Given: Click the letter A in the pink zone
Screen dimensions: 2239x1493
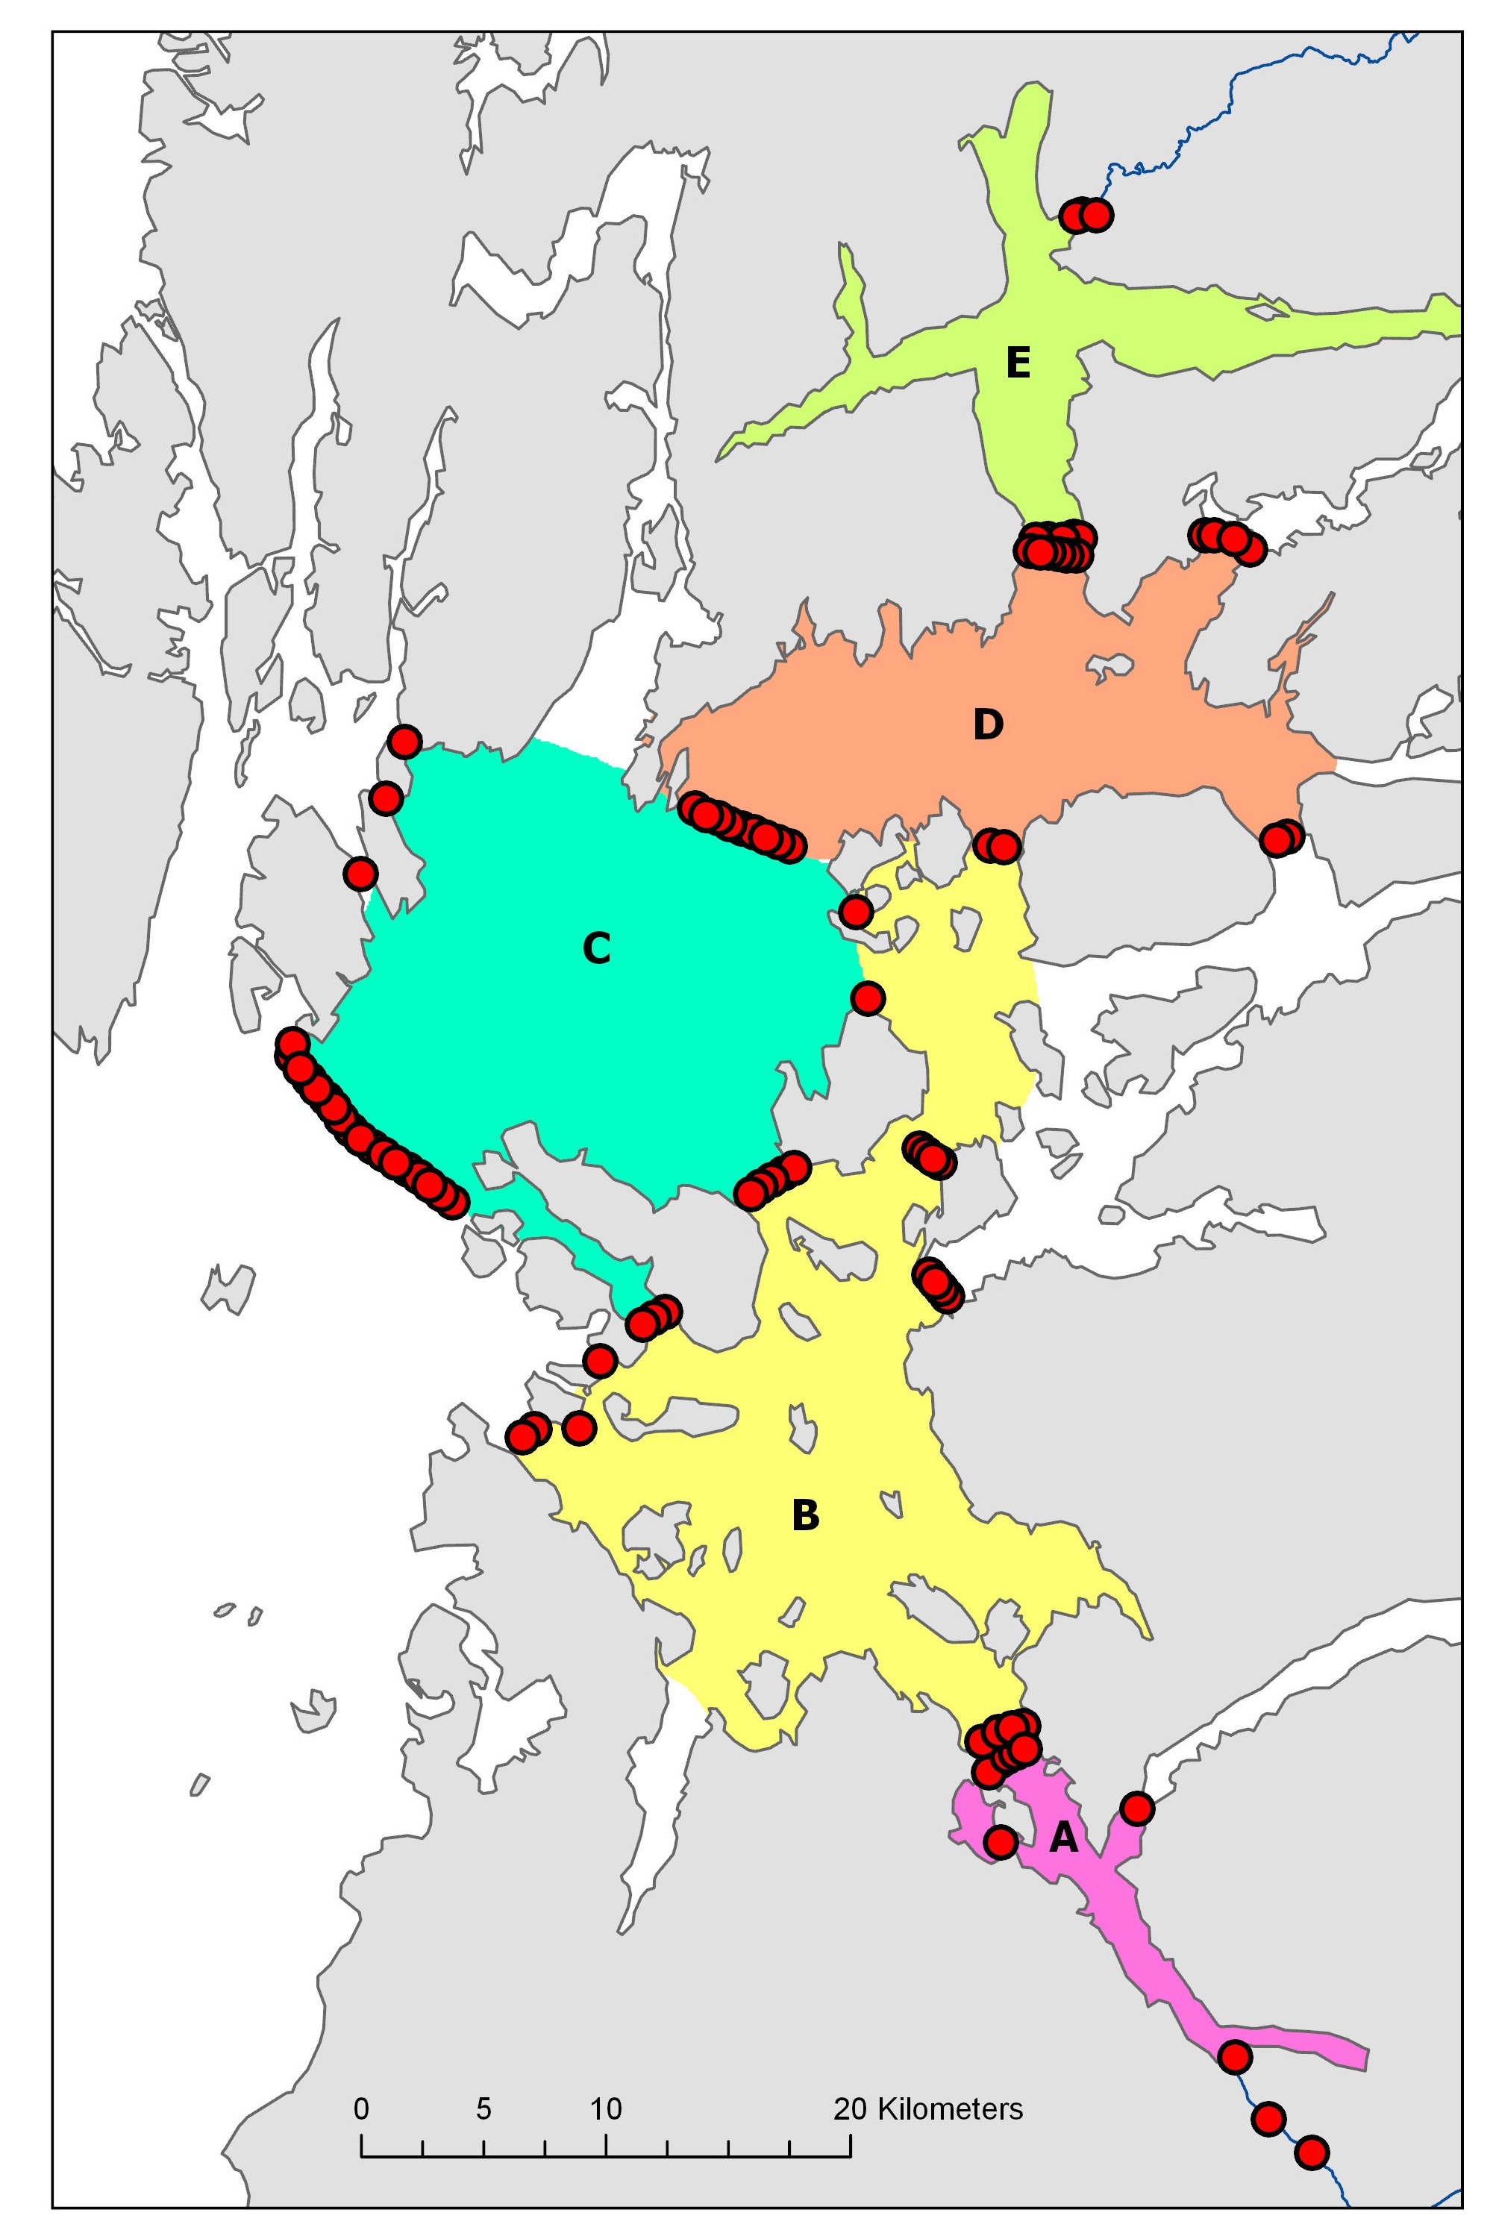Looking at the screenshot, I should [x=1062, y=1838].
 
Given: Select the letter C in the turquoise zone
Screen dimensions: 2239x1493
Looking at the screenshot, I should [x=596, y=948].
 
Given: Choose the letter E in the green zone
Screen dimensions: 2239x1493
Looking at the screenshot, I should [x=1017, y=363].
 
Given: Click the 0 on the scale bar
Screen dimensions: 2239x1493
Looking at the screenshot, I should [x=361, y=2108].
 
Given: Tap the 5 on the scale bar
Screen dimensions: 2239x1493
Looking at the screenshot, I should [x=483, y=2108].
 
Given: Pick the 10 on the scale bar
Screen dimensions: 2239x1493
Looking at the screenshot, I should [x=606, y=2108].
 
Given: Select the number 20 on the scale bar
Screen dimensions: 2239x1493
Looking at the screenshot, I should [x=851, y=2108].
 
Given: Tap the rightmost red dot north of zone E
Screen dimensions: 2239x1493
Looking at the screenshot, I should [x=1096, y=215].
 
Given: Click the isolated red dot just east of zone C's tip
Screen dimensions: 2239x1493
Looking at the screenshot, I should [x=868, y=998].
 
